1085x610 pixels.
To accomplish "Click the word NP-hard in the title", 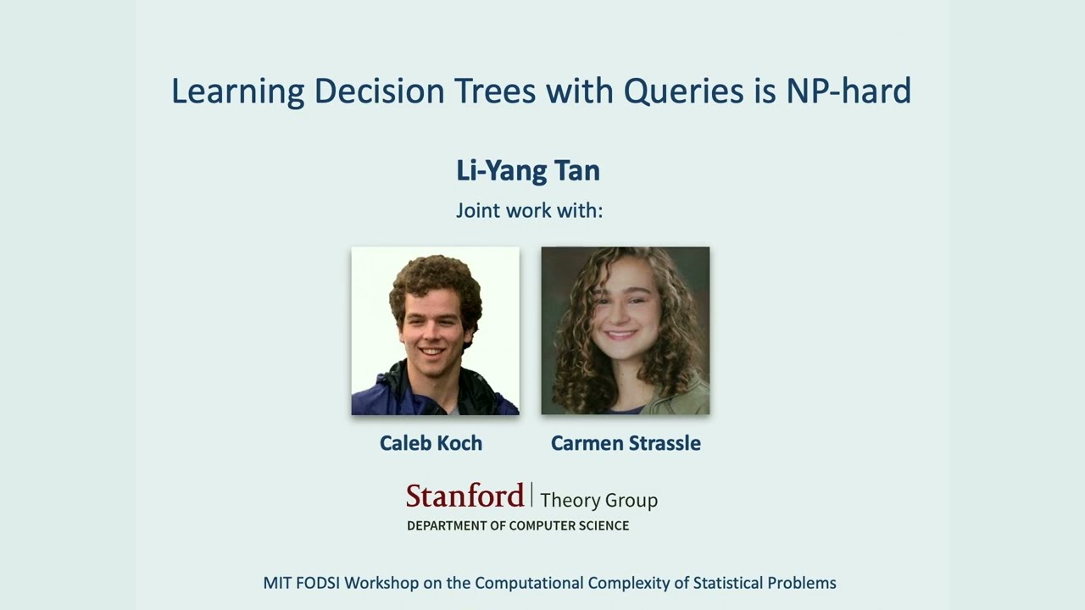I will pos(848,91).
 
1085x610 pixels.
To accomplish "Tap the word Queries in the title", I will pos(684,91).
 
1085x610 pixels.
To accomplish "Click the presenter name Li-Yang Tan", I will pos(527,170).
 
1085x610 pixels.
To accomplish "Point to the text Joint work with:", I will pos(529,210).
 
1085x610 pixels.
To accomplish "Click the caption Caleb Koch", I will pos(431,443).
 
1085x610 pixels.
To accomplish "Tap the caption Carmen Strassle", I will pos(626,443).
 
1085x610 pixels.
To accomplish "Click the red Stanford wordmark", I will pos(465,496).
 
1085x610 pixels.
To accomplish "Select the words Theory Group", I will pos(598,500).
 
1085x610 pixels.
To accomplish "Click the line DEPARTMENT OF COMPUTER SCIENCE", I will pos(518,525).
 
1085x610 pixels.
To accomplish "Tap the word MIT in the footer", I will pos(277,583).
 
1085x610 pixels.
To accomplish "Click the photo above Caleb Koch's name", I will pos(435,330).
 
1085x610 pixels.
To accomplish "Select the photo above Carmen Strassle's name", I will pos(625,330).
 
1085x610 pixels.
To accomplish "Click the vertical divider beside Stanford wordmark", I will pos(531,495).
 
